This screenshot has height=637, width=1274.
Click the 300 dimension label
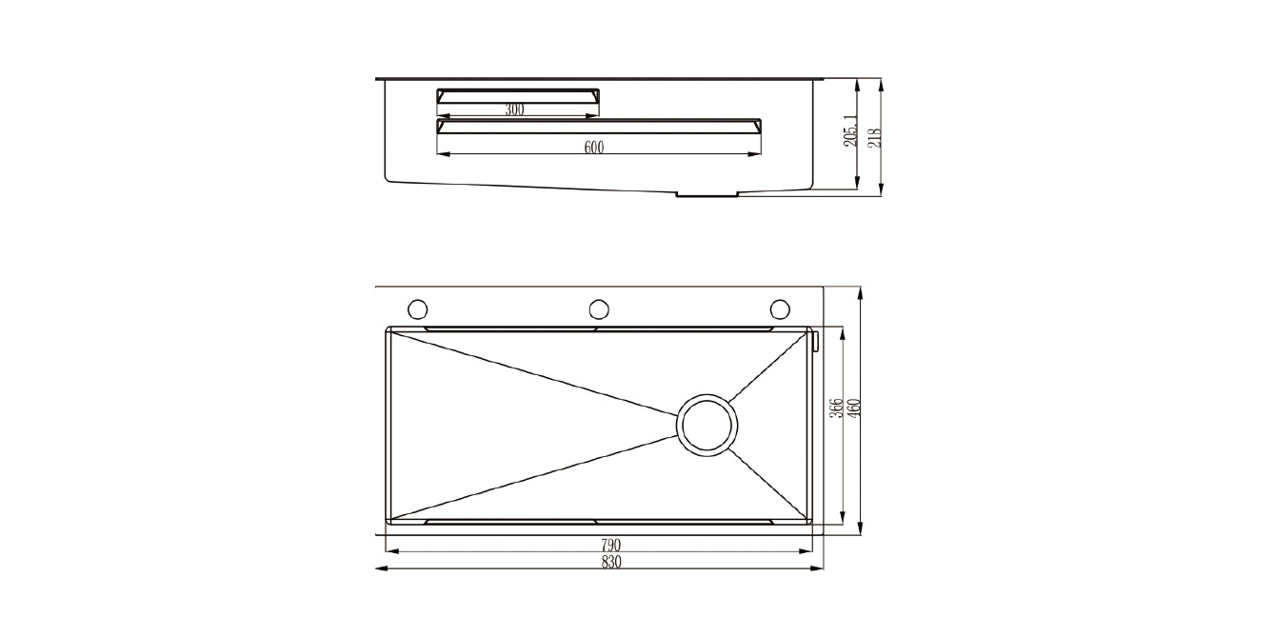[515, 109]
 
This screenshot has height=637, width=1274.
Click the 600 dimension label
[594, 148]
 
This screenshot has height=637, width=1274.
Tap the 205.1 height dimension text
[850, 130]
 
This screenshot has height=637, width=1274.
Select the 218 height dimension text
[874, 138]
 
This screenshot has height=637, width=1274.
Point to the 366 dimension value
[835, 408]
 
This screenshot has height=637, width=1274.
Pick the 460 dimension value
[854, 408]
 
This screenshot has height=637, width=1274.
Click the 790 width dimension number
[611, 545]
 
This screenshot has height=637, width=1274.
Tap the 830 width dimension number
[611, 562]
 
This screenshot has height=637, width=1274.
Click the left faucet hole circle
[418, 309]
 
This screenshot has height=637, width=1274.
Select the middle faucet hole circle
[599, 309]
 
